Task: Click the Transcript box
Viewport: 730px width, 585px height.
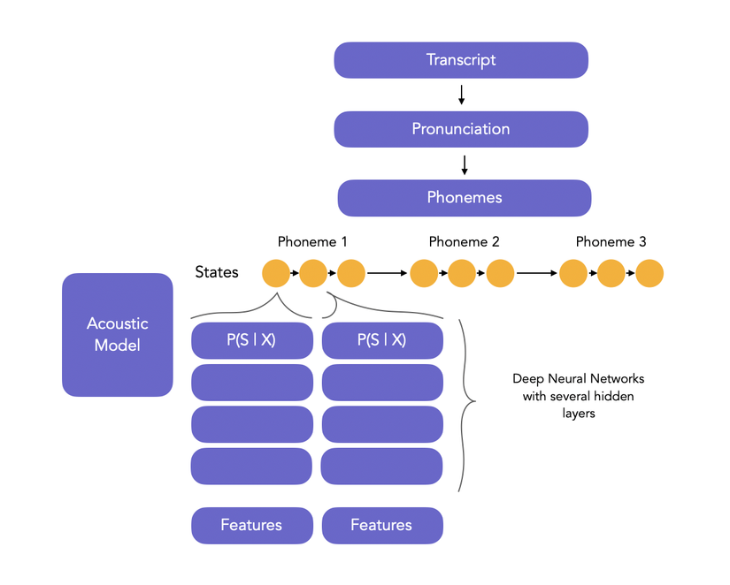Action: pyautogui.click(x=460, y=60)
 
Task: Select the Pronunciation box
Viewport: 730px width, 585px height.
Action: pyautogui.click(x=460, y=129)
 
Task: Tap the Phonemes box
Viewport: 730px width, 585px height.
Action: pyautogui.click(x=464, y=197)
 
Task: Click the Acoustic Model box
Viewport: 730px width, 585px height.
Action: pyautogui.click(x=117, y=334)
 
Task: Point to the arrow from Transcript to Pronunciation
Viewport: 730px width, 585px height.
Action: pyautogui.click(x=461, y=95)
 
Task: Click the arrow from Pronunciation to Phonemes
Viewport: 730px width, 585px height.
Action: pyautogui.click(x=464, y=163)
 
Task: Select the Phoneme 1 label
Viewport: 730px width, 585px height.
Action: pyautogui.click(x=312, y=242)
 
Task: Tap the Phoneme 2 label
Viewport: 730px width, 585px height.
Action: pyautogui.click(x=464, y=242)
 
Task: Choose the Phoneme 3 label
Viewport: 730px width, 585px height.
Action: pyautogui.click(x=611, y=242)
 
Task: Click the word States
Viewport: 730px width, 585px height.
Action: pyautogui.click(x=217, y=272)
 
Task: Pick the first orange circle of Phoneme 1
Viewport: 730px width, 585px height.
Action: pyautogui.click(x=276, y=273)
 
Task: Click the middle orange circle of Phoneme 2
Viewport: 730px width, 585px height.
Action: pyautogui.click(x=463, y=273)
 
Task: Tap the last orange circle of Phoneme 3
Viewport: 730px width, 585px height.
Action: pyautogui.click(x=649, y=273)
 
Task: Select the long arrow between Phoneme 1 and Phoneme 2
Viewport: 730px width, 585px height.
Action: pyautogui.click(x=388, y=273)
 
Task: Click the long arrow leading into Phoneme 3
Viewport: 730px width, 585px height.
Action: pyautogui.click(x=537, y=273)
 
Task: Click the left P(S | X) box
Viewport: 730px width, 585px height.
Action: pyautogui.click(x=251, y=340)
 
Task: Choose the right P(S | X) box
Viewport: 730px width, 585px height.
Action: pyautogui.click(x=381, y=340)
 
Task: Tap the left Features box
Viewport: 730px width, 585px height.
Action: pyautogui.click(x=251, y=525)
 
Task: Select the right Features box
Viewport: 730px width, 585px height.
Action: pyautogui.click(x=381, y=525)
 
